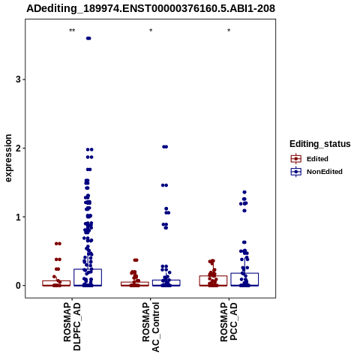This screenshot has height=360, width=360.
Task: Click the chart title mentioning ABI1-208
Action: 151,8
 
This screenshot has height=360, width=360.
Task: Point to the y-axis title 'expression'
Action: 8,158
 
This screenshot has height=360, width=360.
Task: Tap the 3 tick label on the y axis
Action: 18,79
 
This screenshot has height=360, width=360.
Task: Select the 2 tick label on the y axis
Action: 18,148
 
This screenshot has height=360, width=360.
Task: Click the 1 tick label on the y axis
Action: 18,217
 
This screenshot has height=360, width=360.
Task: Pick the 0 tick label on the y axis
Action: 18,286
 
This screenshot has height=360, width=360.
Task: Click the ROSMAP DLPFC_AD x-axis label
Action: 72,326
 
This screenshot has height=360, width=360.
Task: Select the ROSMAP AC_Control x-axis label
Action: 151,327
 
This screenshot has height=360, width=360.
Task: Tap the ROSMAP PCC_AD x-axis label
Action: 229,322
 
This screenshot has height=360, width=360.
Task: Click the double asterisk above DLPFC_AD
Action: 72,31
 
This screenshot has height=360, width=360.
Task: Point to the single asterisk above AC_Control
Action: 151,31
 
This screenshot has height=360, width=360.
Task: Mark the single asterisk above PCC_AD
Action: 229,31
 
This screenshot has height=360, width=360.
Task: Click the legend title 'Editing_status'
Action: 320,144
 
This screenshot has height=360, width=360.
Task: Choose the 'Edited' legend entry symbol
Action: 296,159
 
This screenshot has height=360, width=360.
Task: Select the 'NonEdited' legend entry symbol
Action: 296,172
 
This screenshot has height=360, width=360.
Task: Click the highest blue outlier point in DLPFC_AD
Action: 88,38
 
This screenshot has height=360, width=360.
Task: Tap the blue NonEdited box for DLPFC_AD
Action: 88,277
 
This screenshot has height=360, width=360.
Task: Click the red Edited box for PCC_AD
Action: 213,280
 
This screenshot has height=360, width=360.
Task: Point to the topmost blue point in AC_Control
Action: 165,147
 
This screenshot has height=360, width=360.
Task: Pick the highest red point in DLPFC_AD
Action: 58,244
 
